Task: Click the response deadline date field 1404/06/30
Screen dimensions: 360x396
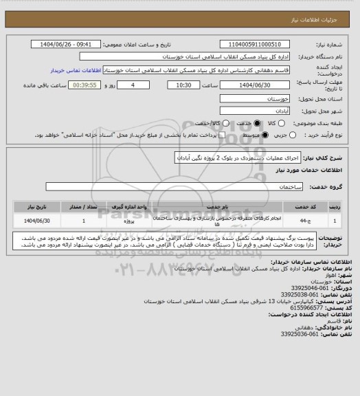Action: click(250, 85)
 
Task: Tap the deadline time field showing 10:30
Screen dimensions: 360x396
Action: click(183, 85)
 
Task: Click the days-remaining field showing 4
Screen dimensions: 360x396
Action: click(131, 85)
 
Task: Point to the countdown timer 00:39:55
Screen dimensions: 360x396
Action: click(86, 85)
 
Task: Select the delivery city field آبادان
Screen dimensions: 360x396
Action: click(250, 112)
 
